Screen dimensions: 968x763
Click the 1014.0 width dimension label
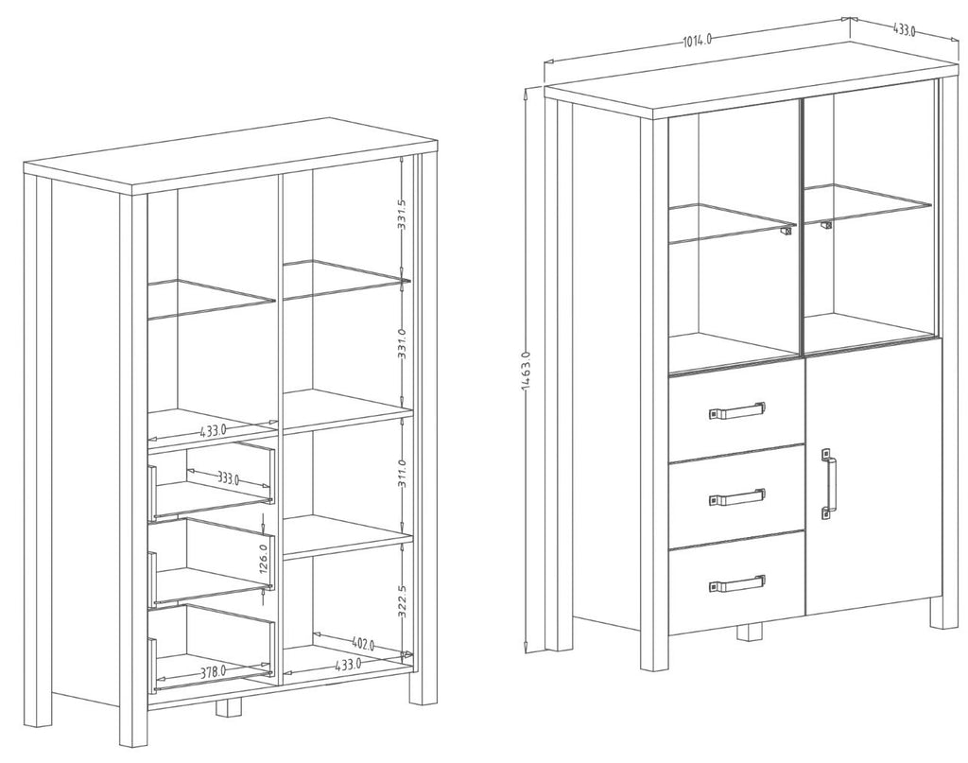coord(698,40)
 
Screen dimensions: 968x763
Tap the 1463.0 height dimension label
coord(526,372)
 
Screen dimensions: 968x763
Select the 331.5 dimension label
coord(401,215)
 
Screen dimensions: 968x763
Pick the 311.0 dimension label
coord(402,473)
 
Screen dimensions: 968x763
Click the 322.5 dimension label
coord(402,600)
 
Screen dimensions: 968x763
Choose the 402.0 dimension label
coord(363,645)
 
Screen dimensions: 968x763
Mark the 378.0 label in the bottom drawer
coord(213,671)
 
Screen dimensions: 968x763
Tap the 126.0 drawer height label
coord(263,559)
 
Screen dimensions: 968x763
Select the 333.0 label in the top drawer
coord(228,477)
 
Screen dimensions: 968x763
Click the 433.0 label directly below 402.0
coord(348,665)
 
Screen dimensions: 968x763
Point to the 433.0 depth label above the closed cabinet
coord(903,29)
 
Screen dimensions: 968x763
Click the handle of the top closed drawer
coord(737,410)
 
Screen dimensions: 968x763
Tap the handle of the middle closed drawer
coord(737,497)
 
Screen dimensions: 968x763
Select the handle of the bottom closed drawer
coord(737,583)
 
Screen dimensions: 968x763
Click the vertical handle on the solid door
coord(829,483)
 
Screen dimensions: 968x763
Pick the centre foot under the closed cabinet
coord(751,633)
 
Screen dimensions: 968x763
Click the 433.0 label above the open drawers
coord(213,430)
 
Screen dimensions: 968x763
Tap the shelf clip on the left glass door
coord(786,231)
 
